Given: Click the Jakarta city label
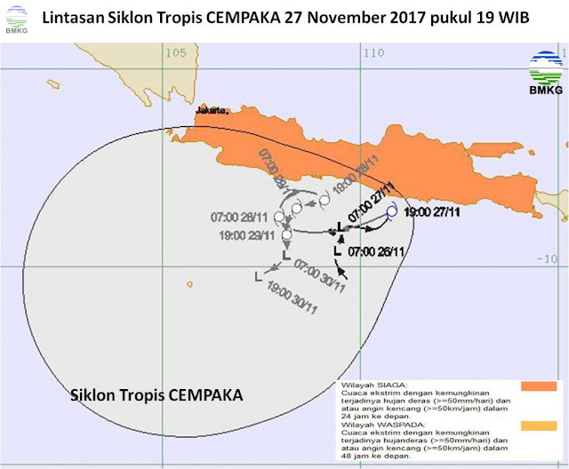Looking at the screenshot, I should click(214, 111).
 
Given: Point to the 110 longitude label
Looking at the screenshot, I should click(373, 52).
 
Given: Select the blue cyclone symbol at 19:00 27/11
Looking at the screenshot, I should click(391, 211).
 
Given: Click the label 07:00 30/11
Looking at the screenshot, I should click(320, 271).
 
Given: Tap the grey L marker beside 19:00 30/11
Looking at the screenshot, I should click(258, 276).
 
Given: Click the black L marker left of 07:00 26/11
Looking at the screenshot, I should click(337, 252).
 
